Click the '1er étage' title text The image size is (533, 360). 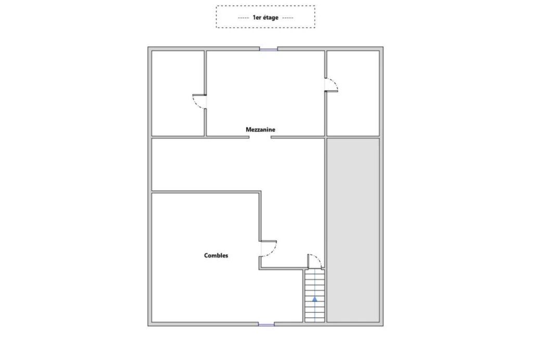265,17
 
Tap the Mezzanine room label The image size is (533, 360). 260,129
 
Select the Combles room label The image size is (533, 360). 216,255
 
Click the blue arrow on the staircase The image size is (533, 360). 315,299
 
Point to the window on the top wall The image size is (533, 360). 269,49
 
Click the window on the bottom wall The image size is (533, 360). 266,325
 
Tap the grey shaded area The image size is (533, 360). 353,230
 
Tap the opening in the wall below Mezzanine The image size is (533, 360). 260,138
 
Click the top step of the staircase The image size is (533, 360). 315,272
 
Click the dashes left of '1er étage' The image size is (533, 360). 244,18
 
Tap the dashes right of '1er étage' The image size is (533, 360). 287,18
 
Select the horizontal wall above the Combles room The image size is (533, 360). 206,192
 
